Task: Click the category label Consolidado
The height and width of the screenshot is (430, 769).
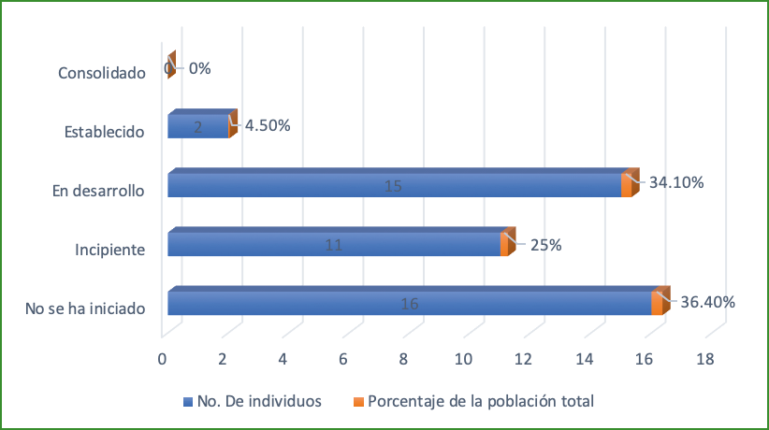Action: tap(101, 72)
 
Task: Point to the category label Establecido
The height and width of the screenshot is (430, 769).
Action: tap(104, 132)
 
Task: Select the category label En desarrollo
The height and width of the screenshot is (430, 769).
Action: tap(98, 191)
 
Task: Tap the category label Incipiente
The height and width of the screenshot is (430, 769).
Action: tap(109, 250)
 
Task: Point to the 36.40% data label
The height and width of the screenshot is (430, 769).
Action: tap(708, 302)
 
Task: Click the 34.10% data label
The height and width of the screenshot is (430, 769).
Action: tap(676, 182)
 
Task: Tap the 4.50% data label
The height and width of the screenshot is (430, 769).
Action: tap(268, 125)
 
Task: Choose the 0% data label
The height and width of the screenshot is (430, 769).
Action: tap(199, 68)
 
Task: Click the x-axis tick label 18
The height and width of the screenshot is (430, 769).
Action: tap(704, 360)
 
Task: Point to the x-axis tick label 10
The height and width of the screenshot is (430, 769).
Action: tap(463, 360)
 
